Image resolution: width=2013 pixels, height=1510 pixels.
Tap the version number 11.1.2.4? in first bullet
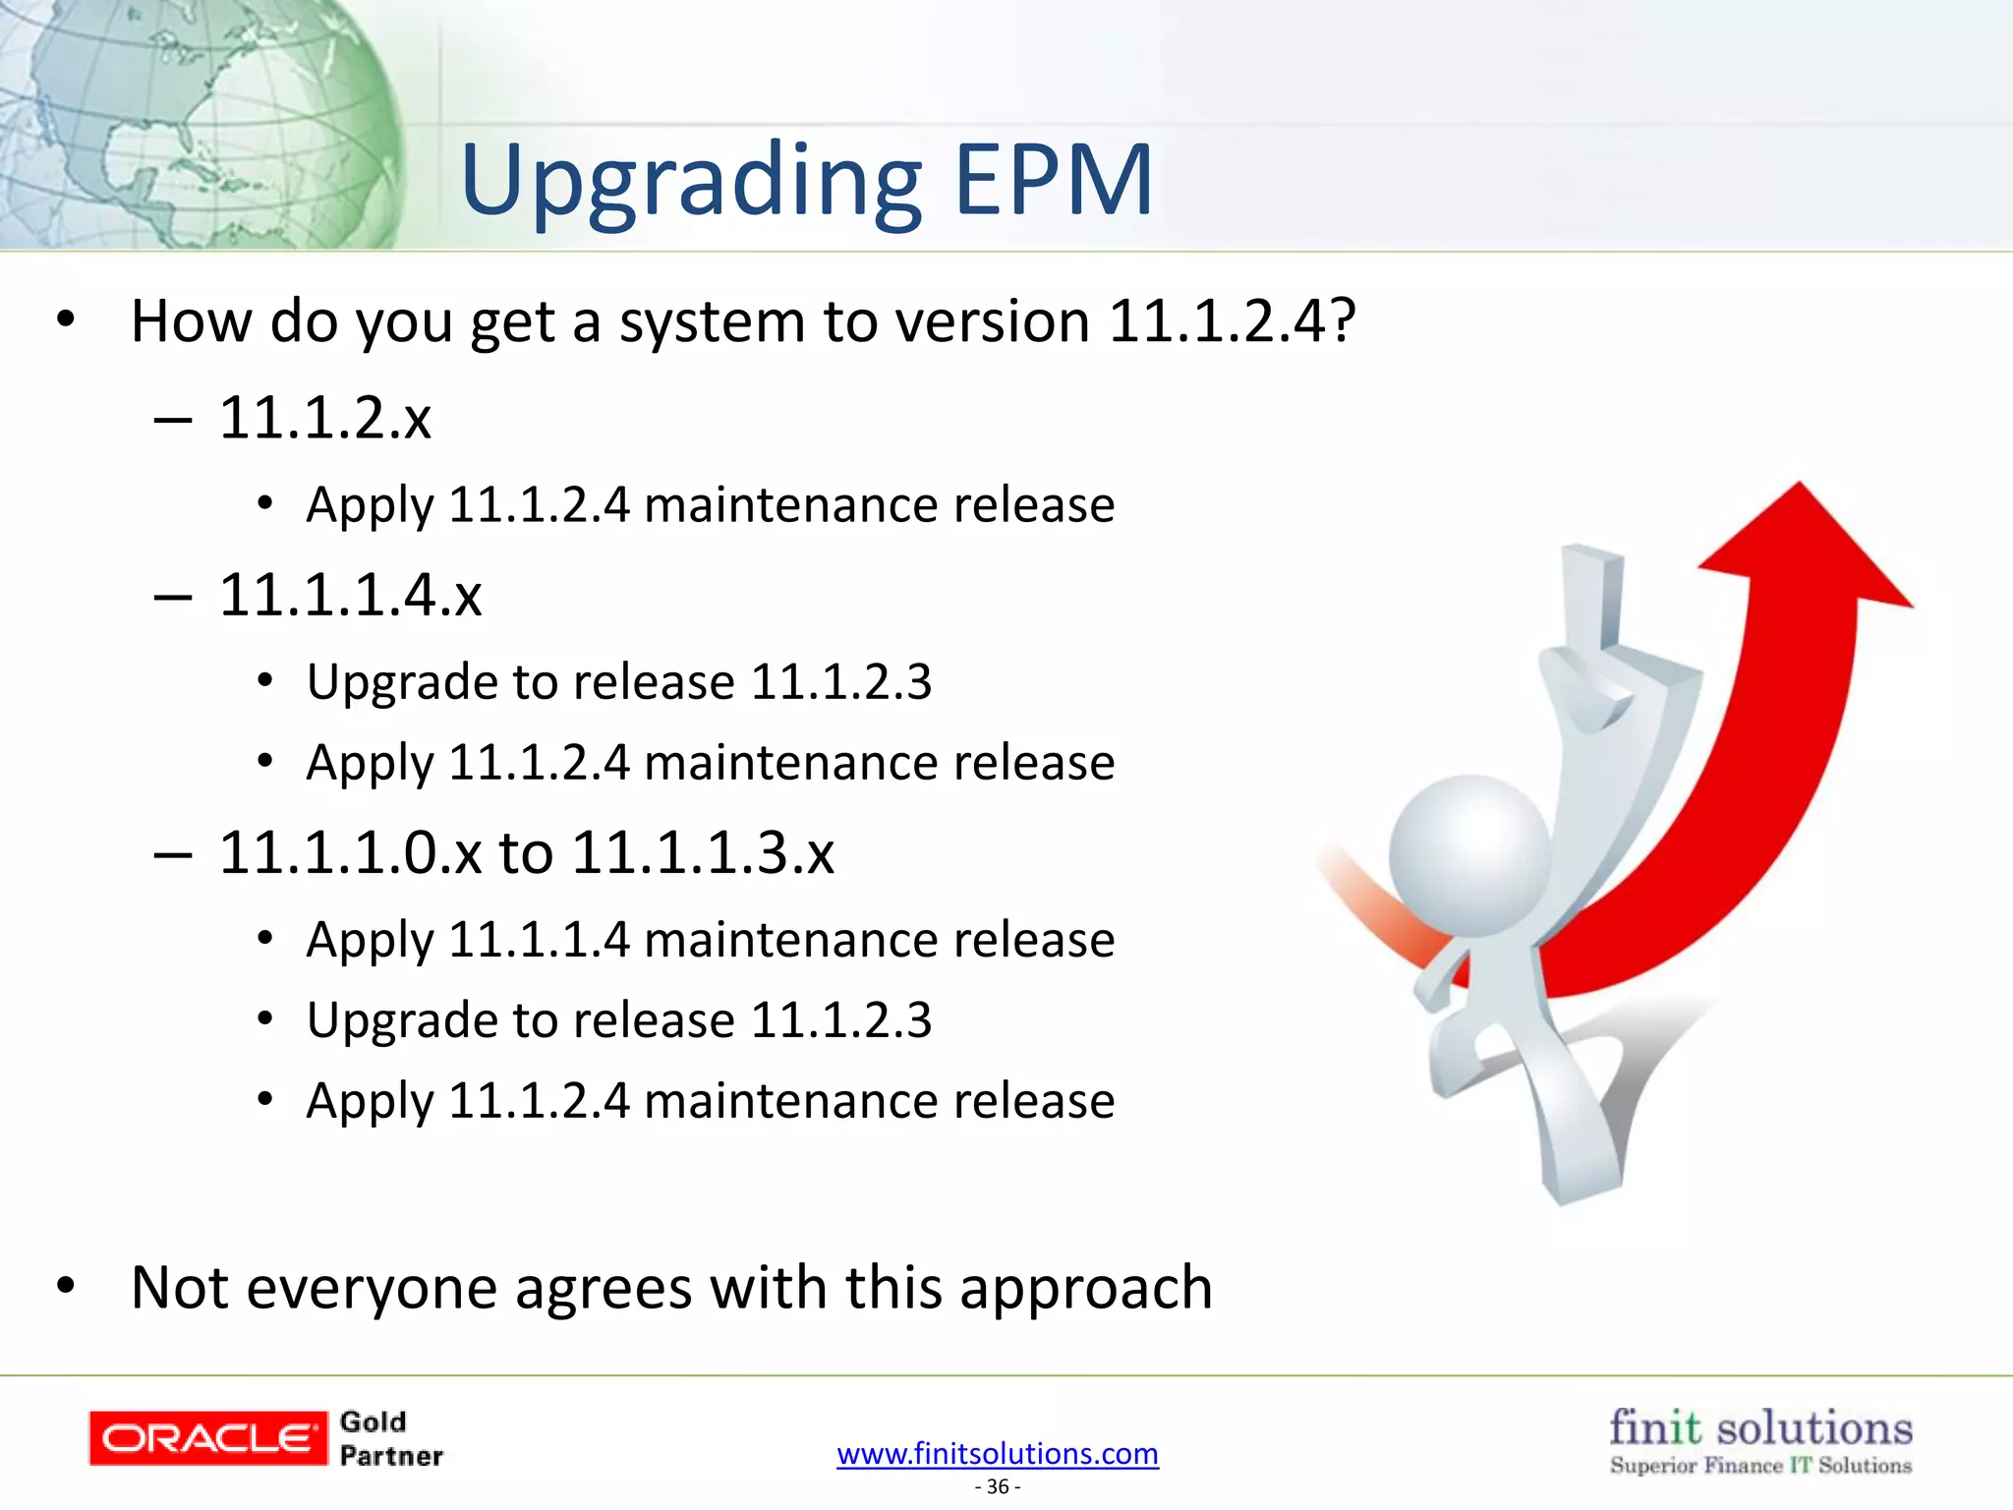[1232, 321]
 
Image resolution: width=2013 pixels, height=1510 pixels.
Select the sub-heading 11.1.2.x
[324, 418]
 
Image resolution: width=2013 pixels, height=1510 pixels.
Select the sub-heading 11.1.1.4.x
[350, 596]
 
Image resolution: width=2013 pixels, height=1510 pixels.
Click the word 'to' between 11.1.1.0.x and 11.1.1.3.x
[526, 852]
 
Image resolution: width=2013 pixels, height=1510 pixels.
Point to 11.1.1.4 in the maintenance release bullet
[538, 940]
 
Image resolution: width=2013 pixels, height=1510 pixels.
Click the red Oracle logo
[207, 1438]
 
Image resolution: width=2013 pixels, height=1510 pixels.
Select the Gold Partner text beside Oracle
[390, 1438]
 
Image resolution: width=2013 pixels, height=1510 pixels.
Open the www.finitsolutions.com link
[997, 1453]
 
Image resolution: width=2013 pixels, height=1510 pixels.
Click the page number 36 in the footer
[997, 1486]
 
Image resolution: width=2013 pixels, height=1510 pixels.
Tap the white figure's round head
[1468, 854]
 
